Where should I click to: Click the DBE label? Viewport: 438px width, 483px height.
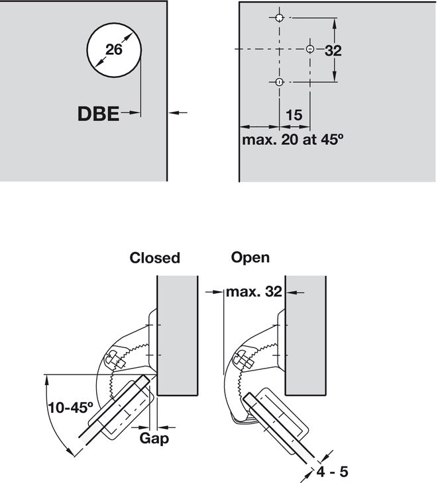coord(98,114)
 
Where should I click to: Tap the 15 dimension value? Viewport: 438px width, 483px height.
coord(294,114)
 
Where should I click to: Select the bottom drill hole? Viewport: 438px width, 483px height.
coord(279,82)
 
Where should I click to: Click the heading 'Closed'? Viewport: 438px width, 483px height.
coord(154,258)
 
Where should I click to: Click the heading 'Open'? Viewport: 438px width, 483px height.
coord(250,257)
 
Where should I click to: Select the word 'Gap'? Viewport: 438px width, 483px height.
coord(154,439)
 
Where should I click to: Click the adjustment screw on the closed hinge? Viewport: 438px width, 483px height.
coord(114,361)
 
